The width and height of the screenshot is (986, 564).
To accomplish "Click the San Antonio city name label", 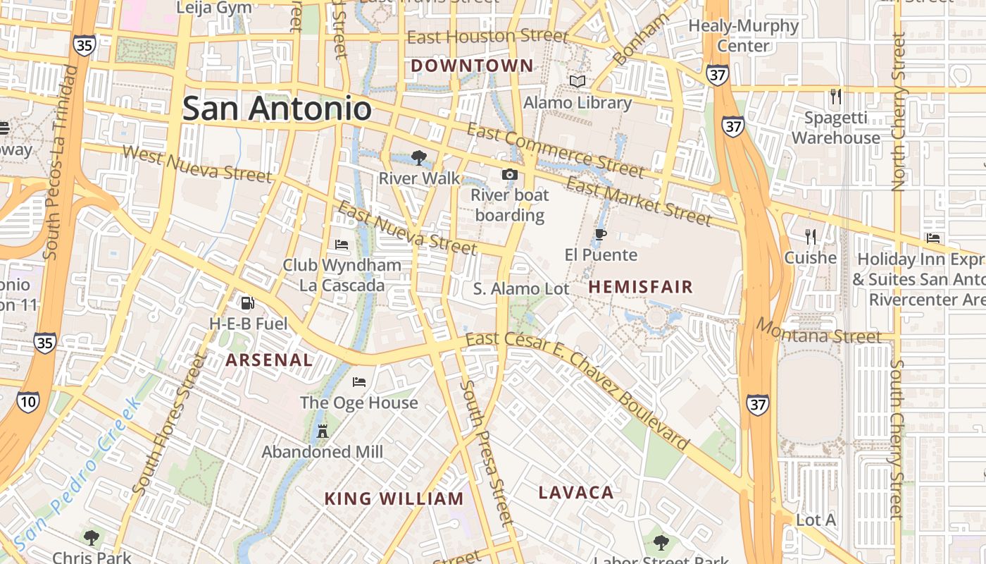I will click(277, 109).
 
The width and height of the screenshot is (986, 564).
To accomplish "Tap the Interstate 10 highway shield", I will click(28, 403).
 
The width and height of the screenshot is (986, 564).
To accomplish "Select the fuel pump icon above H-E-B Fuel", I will click(247, 303).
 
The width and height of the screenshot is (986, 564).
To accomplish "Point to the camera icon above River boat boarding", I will click(509, 174).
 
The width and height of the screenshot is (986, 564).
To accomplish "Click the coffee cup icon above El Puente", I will click(600, 234).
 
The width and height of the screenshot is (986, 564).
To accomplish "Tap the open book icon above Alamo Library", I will click(578, 82).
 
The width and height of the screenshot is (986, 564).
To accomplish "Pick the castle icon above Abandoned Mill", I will click(323, 431).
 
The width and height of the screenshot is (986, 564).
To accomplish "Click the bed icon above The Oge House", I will click(359, 382).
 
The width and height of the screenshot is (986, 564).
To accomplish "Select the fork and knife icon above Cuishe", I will click(811, 237).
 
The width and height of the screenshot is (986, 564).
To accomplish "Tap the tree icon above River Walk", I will click(419, 157).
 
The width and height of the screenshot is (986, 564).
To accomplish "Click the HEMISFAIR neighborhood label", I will click(641, 287).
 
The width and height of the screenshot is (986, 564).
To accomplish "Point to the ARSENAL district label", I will click(269, 360).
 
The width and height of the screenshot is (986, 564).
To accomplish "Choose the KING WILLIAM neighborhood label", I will click(394, 499).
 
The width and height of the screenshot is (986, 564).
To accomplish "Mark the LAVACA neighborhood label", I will click(576, 493).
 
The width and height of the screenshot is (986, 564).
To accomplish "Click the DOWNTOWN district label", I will click(472, 66).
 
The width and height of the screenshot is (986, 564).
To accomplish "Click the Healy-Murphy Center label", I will click(744, 36).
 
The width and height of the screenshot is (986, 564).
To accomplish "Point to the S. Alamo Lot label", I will click(521, 289).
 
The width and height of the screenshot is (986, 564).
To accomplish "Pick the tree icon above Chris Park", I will click(91, 538).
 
